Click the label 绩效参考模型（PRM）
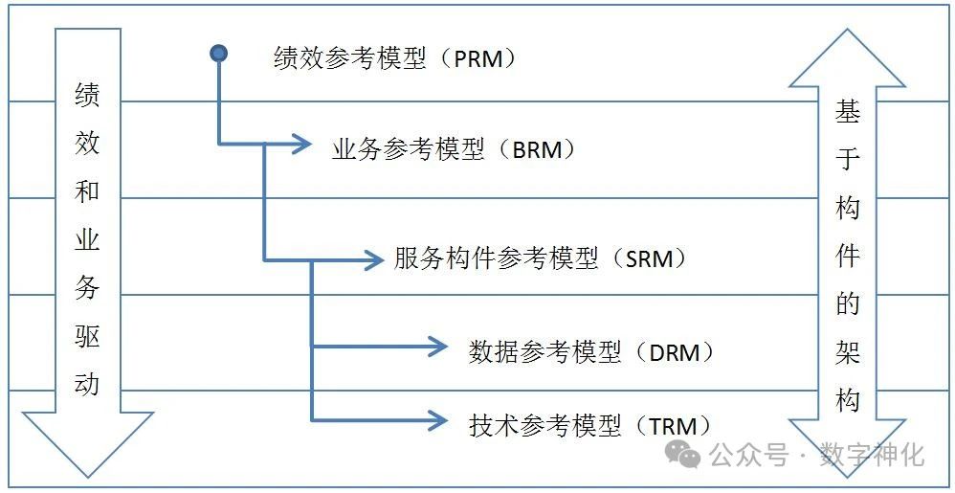click(395, 58)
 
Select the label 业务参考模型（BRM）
click(455, 149)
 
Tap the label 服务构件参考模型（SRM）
click(541, 258)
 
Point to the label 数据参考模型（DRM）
click(591, 351)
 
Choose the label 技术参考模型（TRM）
click(589, 424)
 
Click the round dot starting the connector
click(219, 54)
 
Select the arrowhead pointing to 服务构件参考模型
click(372, 259)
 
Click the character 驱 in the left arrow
click(87, 336)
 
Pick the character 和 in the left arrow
click(87, 191)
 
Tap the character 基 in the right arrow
click(848, 112)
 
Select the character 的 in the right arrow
click(848, 304)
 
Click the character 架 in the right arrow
click(848, 352)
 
